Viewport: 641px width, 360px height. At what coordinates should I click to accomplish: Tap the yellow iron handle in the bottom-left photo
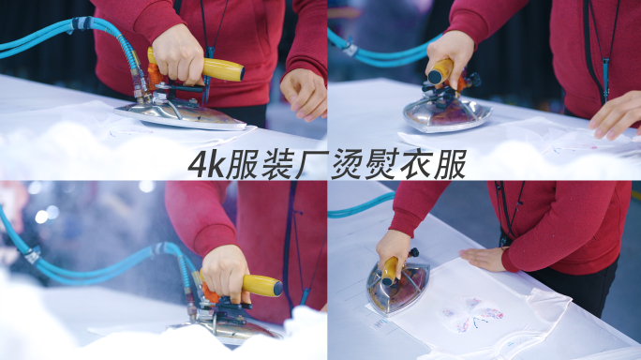[x=261, y=286]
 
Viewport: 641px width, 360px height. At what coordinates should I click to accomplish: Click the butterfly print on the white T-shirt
[x=474, y=314]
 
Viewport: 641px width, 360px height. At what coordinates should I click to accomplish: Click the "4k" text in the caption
[x=205, y=164]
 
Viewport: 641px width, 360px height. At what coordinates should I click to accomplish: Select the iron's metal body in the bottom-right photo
[x=397, y=289]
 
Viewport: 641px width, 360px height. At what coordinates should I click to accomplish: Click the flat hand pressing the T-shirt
[x=484, y=259]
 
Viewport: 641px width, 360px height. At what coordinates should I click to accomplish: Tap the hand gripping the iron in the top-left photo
[x=178, y=54]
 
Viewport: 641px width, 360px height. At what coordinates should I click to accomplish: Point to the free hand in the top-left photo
[x=304, y=94]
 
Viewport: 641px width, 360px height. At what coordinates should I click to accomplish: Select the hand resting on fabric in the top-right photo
[x=617, y=115]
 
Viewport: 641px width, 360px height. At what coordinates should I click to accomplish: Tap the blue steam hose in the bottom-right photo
[x=360, y=205]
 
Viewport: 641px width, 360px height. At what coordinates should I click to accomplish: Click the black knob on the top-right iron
[x=475, y=79]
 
